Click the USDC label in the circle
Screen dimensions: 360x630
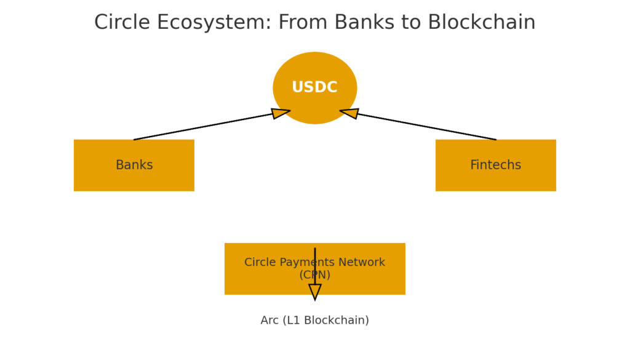(314, 87)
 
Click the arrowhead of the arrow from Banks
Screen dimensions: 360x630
(281, 113)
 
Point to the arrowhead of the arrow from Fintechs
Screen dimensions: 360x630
(349, 113)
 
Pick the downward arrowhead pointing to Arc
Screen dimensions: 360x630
(315, 292)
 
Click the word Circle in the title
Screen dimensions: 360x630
(122, 23)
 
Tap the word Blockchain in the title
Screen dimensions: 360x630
(481, 23)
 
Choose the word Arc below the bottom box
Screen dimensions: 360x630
(269, 321)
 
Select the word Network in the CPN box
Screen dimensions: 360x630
(365, 263)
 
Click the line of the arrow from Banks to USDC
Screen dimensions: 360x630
(203, 126)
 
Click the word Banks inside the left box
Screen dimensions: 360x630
(134, 165)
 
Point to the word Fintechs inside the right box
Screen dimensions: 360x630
(495, 165)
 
